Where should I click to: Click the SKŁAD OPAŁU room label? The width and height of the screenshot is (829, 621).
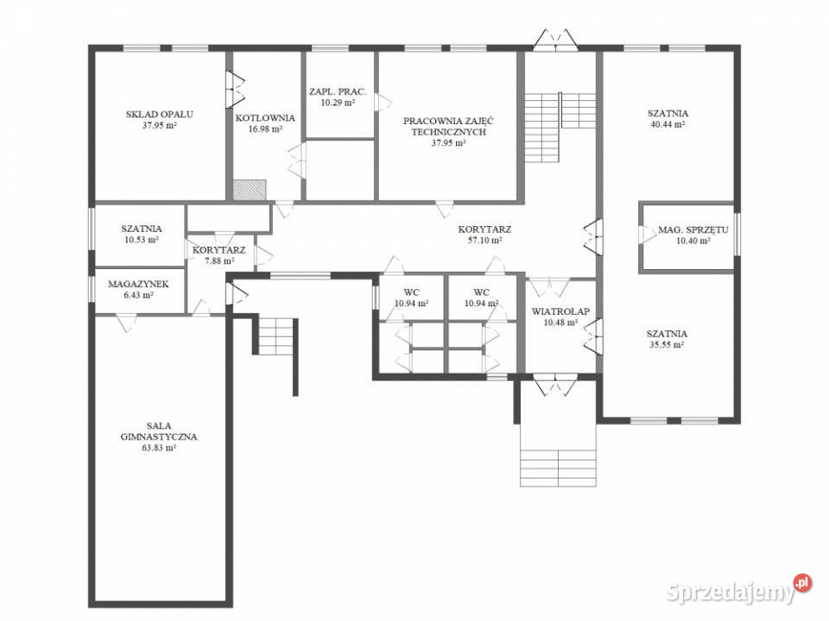coord(159,114)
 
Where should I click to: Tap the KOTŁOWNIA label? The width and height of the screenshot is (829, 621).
coord(265,118)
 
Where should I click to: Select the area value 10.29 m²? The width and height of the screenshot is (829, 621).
coord(338,103)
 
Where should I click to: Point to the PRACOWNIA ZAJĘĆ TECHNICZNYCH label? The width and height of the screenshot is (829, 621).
coord(448,126)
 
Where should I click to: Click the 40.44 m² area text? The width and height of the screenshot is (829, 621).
coord(668,124)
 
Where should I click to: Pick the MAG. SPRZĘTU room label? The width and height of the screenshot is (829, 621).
coord(693,229)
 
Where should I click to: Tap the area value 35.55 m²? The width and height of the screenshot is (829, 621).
coord(667,345)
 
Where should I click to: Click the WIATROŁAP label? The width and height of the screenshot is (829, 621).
coord(560,311)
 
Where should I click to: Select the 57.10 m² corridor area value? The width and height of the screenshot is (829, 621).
coord(484,241)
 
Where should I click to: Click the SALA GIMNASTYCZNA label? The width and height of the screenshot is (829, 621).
coord(159,431)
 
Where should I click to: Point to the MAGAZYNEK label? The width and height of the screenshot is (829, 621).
coord(138,284)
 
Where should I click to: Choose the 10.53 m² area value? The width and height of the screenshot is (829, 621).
coord(142,240)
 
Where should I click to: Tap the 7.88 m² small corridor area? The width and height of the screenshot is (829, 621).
coord(219,260)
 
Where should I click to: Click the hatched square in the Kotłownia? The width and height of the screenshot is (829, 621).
coord(250,190)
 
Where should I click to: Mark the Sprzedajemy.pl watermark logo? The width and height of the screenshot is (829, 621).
coord(738,590)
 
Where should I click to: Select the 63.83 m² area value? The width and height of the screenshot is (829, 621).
coord(159,448)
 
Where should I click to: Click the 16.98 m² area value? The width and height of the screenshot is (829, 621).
coord(265,129)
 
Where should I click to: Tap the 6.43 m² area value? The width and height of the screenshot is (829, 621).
coord(138,295)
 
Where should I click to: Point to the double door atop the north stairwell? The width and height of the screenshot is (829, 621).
coord(555,41)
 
